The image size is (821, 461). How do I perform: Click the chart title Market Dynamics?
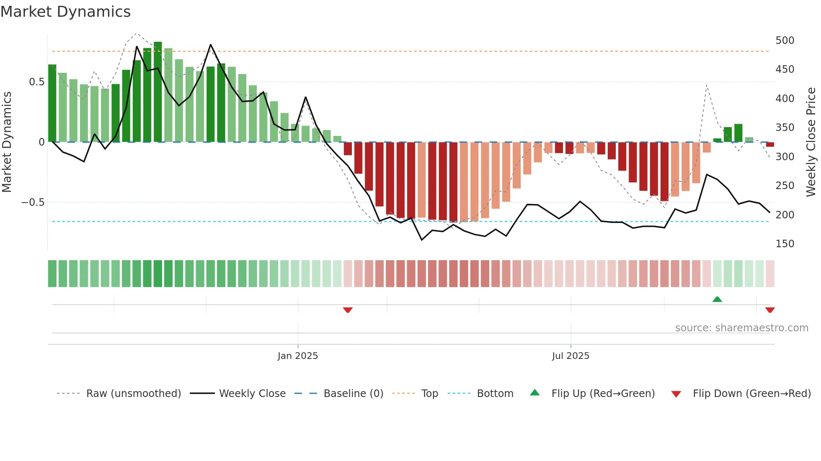65,12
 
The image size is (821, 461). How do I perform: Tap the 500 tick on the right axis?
785,41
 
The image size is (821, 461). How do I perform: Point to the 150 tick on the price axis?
785,244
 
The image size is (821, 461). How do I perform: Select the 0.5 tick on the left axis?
36,82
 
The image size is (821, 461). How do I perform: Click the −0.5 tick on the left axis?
33,202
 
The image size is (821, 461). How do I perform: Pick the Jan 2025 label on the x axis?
297,356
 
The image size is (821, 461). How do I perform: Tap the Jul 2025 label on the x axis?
570,356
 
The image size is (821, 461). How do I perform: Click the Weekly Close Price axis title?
811,142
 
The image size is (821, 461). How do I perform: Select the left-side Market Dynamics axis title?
7,142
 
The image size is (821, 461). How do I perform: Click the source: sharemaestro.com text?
741,328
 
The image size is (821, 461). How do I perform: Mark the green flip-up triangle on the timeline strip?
717,299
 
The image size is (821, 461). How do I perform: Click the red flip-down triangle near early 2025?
348,310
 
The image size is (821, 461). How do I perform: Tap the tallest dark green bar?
157,92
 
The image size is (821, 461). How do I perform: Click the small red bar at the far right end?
770,144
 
